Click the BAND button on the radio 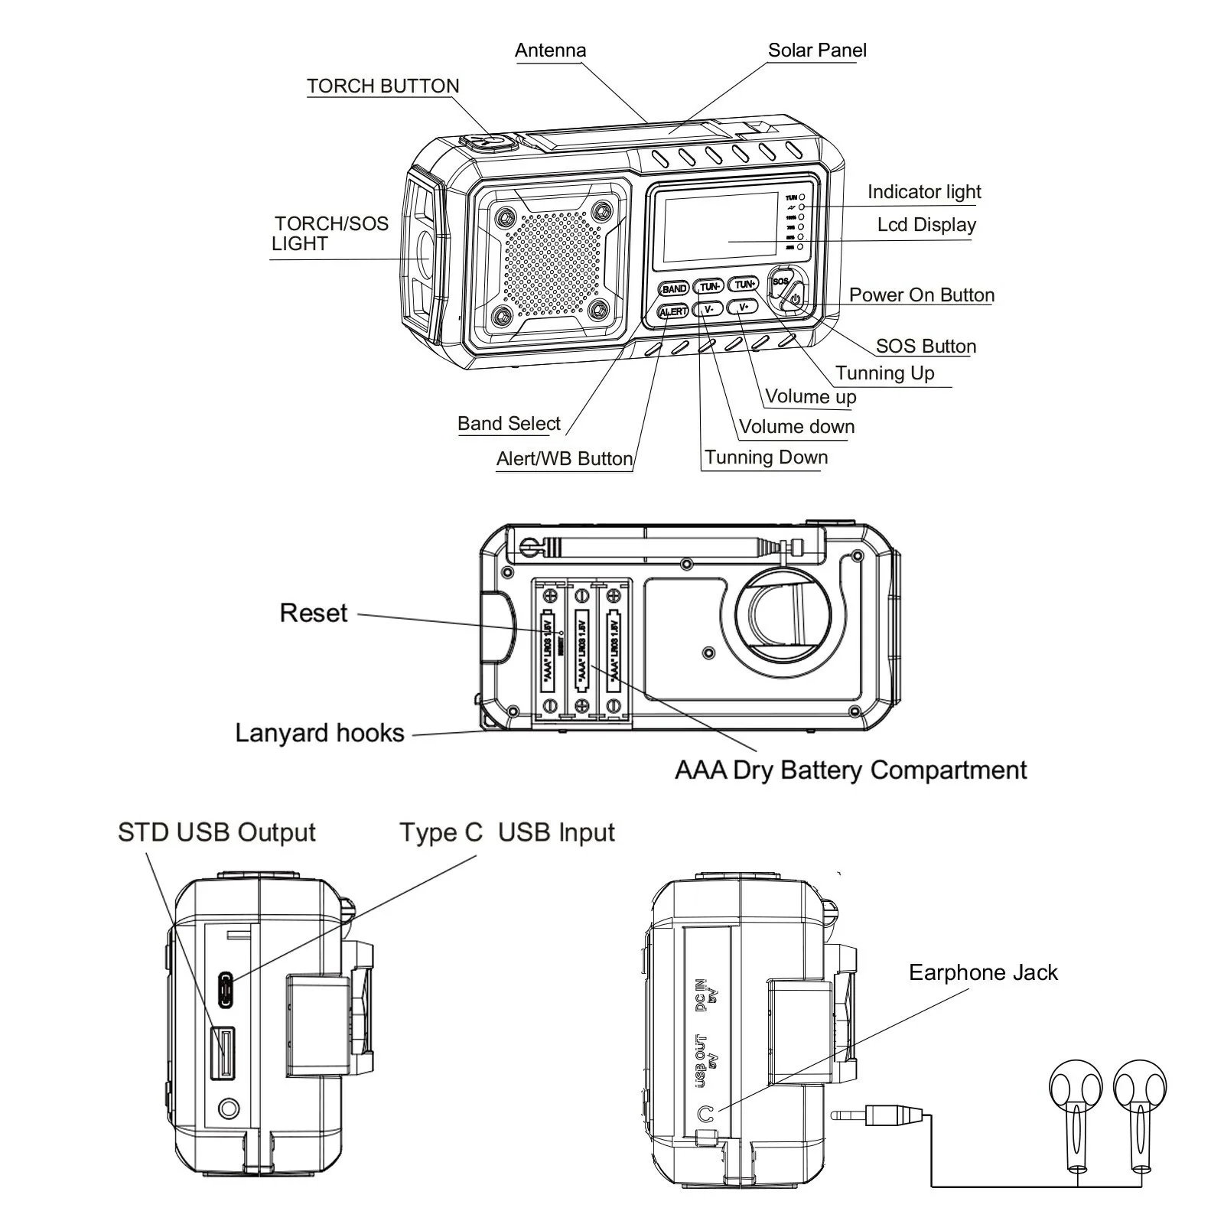[674, 288]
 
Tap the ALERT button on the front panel [673, 311]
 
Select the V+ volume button [744, 308]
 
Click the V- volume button [708, 309]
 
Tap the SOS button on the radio [780, 281]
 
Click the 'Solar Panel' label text [816, 50]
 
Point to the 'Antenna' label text [550, 50]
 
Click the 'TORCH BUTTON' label [382, 86]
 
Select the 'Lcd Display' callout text [926, 225]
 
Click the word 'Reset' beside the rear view [314, 613]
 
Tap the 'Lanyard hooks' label [319, 733]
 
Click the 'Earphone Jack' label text [982, 972]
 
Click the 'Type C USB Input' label [506, 832]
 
